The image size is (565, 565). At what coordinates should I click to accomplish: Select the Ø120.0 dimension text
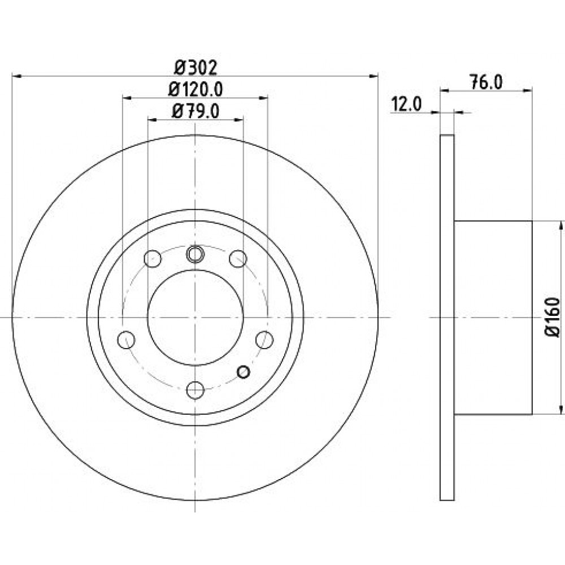click(195, 89)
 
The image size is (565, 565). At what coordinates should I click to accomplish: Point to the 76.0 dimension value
click(486, 82)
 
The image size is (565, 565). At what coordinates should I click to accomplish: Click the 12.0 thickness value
click(406, 105)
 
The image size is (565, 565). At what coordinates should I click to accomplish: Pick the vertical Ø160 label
click(553, 317)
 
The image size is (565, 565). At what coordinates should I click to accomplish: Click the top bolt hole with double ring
click(195, 254)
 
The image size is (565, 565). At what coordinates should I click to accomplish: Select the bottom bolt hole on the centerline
click(195, 390)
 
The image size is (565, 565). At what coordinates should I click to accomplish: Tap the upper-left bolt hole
click(153, 258)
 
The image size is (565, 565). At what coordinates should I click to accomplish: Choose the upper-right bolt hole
click(238, 258)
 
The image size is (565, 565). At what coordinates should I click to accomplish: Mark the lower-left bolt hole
click(127, 340)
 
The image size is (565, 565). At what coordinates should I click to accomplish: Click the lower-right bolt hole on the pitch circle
click(264, 340)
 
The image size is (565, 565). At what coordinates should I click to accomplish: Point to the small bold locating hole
click(244, 372)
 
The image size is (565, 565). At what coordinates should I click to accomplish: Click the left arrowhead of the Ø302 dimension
click(18, 76)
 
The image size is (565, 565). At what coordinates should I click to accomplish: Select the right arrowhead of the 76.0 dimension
click(527, 91)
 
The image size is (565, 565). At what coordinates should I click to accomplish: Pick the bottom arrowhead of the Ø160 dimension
click(560, 409)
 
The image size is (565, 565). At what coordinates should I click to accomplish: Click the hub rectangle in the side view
click(493, 318)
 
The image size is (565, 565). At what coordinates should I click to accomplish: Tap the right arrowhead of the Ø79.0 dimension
click(238, 120)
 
